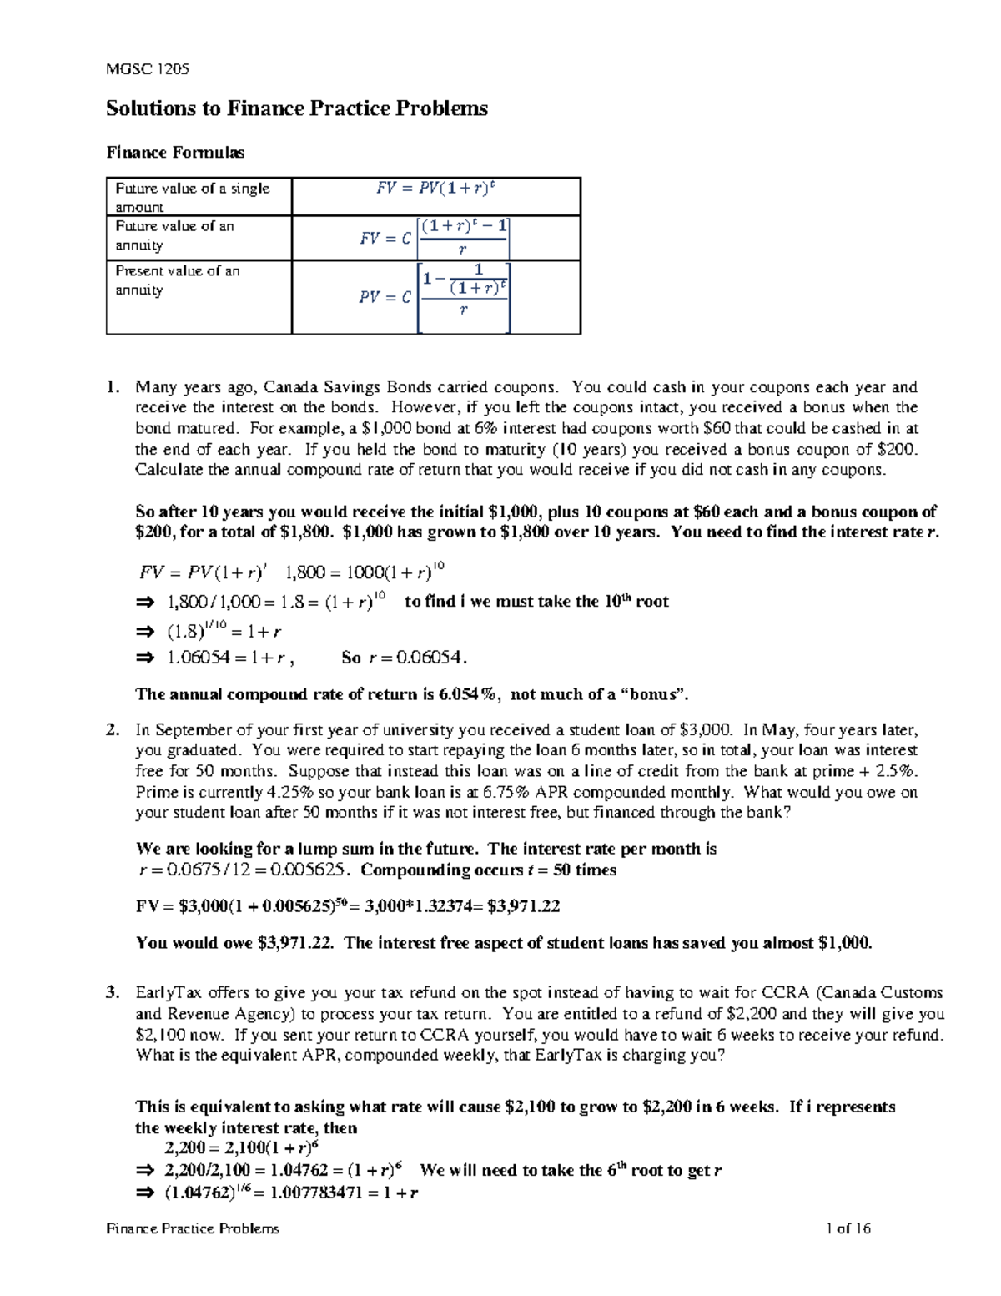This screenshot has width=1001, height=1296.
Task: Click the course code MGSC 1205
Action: tap(147, 69)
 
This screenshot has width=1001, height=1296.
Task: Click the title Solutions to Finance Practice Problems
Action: tap(296, 108)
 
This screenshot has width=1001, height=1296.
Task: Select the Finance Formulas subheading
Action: tap(175, 152)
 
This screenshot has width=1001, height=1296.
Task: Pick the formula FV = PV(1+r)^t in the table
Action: tap(435, 189)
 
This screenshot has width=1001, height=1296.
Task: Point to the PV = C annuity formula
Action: tap(435, 296)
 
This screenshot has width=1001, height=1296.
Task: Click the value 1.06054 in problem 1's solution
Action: tap(199, 658)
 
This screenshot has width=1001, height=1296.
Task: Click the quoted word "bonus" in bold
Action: tap(651, 694)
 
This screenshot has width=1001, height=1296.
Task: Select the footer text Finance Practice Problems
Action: tap(193, 1228)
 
